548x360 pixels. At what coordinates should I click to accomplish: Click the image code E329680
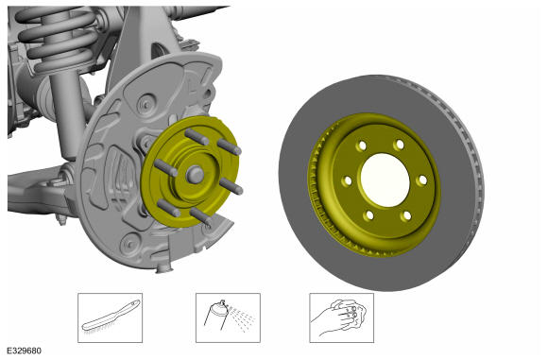click(25, 351)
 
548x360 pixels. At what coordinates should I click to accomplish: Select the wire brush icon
click(111, 317)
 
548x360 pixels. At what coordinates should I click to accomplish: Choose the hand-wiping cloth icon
click(341, 317)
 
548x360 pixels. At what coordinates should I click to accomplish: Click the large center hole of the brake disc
click(385, 180)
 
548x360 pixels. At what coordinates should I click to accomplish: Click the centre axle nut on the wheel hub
click(195, 174)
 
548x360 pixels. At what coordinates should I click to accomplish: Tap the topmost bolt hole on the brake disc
click(362, 146)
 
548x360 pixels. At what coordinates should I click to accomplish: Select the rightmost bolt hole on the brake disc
click(423, 180)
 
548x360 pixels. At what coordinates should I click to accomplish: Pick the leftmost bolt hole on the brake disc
click(348, 180)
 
